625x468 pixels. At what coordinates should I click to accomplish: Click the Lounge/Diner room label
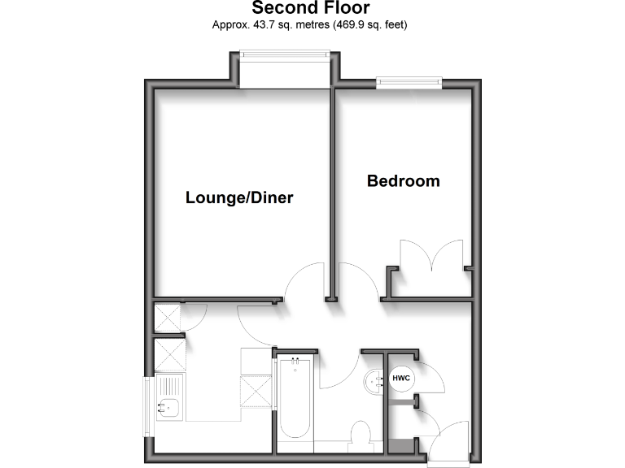(x=239, y=197)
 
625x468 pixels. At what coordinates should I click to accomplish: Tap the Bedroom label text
(x=403, y=180)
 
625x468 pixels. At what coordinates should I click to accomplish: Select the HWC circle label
(x=401, y=379)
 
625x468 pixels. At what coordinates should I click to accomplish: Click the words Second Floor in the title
(x=310, y=9)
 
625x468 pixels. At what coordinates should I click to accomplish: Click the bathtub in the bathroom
(x=295, y=403)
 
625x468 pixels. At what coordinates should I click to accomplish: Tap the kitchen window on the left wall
(x=148, y=405)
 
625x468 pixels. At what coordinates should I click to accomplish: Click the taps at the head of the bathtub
(x=295, y=361)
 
